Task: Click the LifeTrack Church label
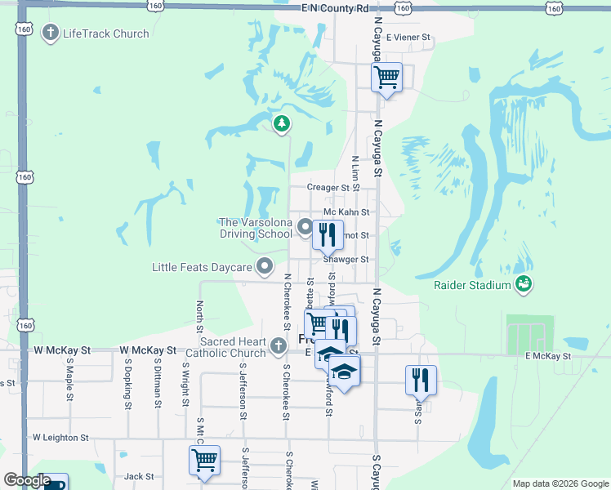point(105,34)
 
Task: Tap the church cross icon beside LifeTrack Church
point(50,34)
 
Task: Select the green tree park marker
point(282,124)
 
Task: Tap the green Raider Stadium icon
point(524,284)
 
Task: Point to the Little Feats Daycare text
point(202,267)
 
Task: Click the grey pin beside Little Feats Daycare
point(265,266)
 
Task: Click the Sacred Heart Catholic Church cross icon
point(279,345)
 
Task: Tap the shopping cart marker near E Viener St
point(386,78)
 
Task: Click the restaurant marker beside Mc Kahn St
point(327,234)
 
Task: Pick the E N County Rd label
point(335,8)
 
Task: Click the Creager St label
point(328,188)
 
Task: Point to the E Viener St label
point(407,38)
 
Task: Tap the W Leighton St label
point(60,438)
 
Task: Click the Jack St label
point(139,476)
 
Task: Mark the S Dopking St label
point(128,388)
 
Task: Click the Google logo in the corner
point(27,480)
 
